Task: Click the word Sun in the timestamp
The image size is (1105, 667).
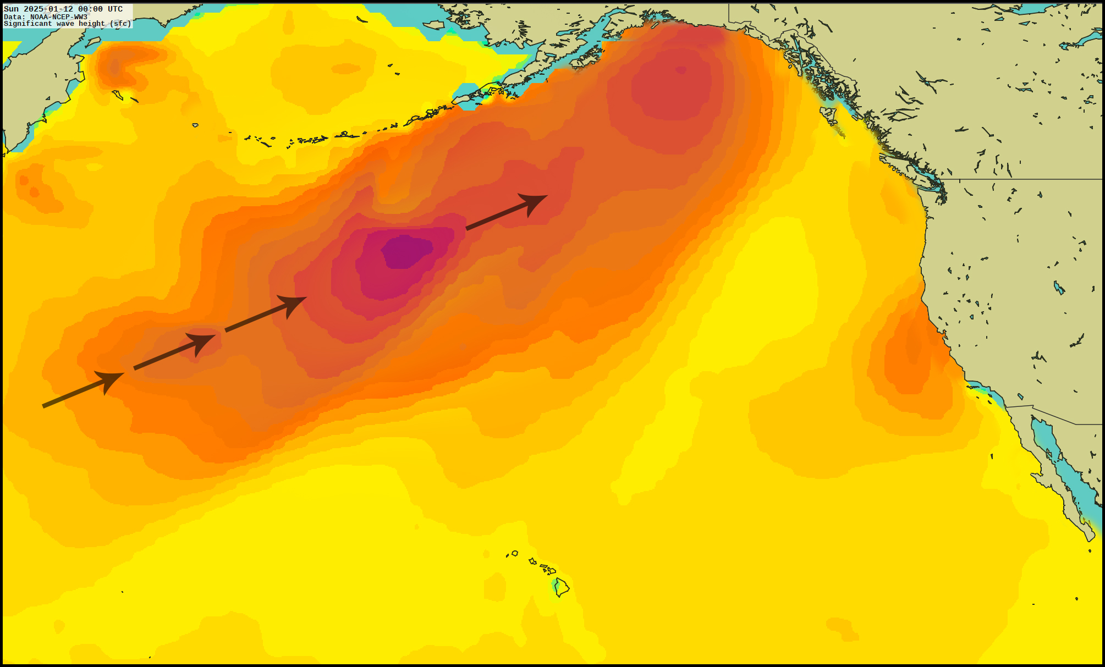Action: [x=11, y=9]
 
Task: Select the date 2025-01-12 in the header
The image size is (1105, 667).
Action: [x=48, y=9]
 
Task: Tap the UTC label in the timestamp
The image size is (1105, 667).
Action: [x=115, y=9]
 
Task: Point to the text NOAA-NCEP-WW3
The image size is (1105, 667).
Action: [x=59, y=17]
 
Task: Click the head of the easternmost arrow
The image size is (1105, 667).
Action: [x=536, y=201]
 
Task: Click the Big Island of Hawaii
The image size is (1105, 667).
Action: [x=561, y=587]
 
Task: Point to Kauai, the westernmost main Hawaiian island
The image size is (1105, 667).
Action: [x=515, y=553]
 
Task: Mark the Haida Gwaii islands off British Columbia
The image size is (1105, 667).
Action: [x=828, y=115]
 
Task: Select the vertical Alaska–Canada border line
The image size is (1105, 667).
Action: [x=729, y=14]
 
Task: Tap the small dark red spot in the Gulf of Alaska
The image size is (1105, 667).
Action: [x=681, y=70]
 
